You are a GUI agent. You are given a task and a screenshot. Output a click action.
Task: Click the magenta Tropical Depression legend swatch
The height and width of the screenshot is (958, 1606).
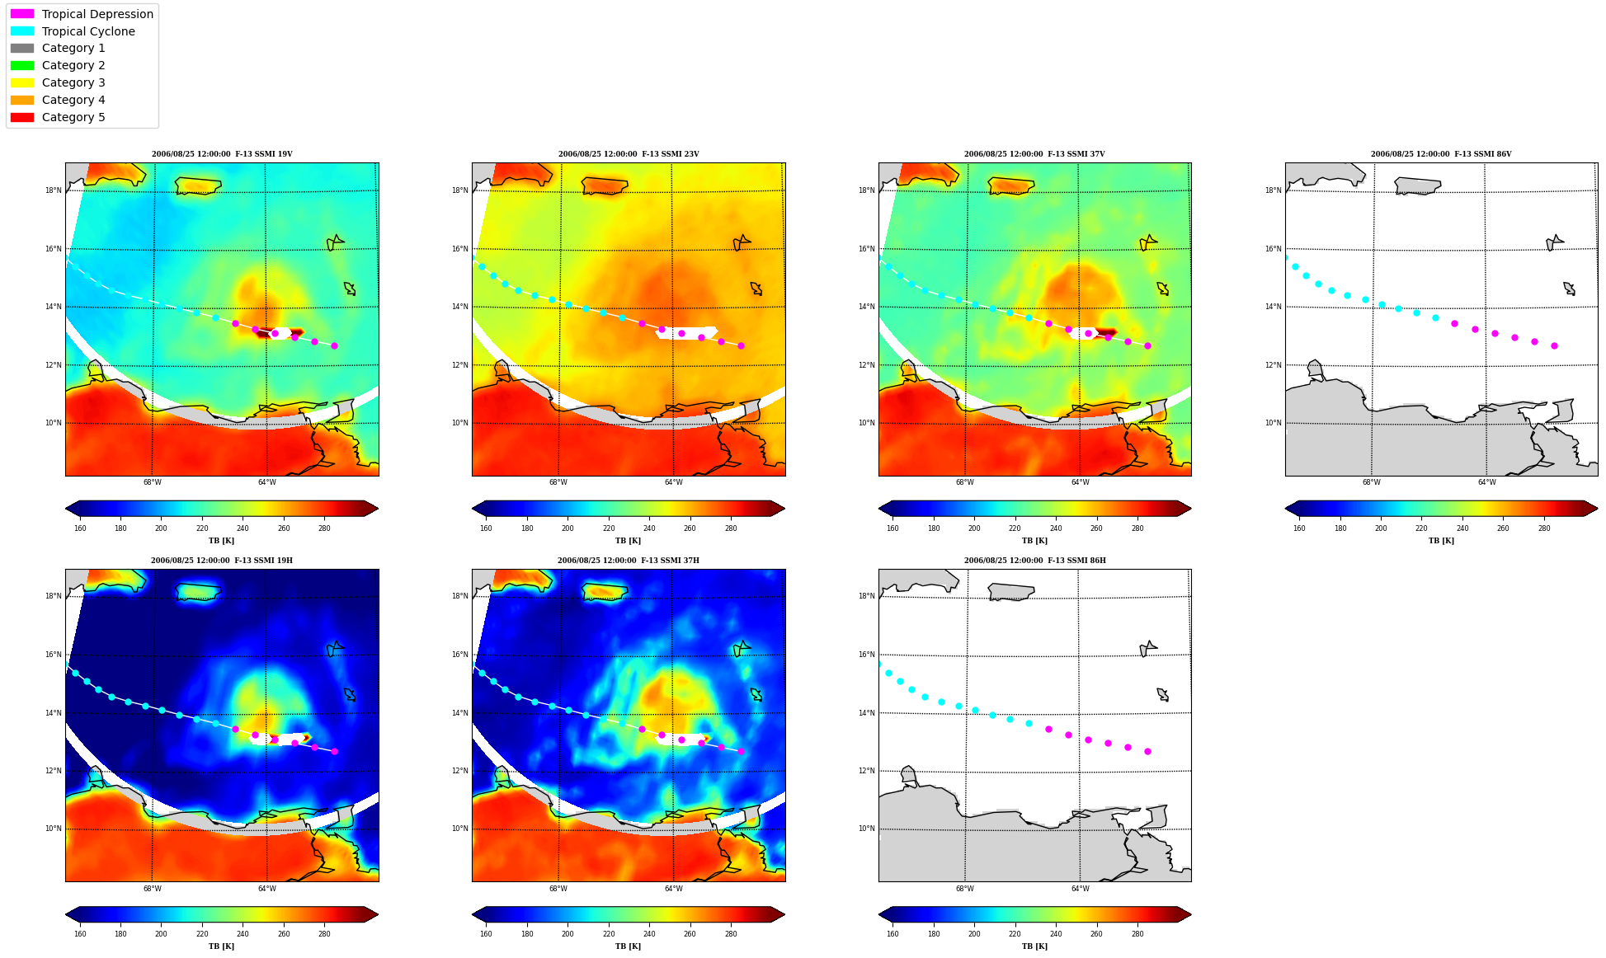tap(22, 14)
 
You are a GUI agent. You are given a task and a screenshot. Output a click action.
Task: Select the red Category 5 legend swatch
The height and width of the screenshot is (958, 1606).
tap(22, 117)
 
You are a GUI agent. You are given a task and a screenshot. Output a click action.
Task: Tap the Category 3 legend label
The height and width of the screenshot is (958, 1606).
tap(73, 82)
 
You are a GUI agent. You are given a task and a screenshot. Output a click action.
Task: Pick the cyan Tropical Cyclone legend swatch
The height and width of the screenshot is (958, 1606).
tap(22, 31)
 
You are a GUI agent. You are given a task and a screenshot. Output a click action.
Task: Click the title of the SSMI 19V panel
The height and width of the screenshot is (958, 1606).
tap(222, 154)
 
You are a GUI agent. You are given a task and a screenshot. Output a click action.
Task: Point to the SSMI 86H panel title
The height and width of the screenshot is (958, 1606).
tap(1035, 561)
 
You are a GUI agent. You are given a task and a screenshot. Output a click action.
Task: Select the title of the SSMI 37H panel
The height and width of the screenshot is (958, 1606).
tap(629, 561)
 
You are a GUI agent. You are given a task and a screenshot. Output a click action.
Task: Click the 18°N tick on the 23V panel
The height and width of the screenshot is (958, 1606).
tap(460, 190)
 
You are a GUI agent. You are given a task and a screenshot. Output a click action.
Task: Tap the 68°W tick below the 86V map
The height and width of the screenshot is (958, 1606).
tap(1372, 482)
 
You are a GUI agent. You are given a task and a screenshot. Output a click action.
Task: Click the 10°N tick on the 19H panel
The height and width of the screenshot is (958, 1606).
tap(54, 829)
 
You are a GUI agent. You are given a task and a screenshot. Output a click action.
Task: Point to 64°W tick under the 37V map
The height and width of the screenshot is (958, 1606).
tap(1081, 482)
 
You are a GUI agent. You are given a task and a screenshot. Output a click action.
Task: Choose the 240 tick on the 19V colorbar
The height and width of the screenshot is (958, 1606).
tap(243, 528)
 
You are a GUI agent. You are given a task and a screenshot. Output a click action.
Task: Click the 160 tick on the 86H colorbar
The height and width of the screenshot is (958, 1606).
tap(892, 934)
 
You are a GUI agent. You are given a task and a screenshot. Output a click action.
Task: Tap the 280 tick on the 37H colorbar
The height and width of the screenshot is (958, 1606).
tap(731, 934)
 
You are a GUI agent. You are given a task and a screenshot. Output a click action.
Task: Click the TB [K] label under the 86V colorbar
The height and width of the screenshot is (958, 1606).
tap(1442, 541)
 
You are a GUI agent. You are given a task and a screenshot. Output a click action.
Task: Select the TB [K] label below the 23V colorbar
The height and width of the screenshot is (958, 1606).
tap(629, 541)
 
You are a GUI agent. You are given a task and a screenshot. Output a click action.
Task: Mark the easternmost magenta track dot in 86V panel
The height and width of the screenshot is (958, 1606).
tap(1554, 345)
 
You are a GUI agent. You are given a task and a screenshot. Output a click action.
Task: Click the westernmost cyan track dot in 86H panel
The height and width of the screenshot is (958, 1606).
tap(879, 664)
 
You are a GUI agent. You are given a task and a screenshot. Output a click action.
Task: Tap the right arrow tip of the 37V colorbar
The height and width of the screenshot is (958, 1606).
tap(1191, 509)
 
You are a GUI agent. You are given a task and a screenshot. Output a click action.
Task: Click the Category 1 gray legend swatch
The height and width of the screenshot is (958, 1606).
tap(22, 48)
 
